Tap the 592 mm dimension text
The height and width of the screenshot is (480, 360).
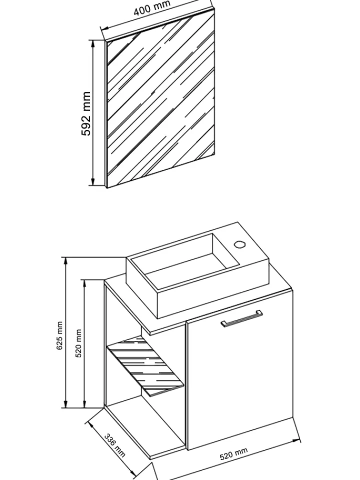coord(86,113)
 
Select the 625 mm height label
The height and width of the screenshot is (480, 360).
coord(59,335)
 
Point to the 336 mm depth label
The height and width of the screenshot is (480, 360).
coord(115,445)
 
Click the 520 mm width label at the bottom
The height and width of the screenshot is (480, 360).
coord(233,454)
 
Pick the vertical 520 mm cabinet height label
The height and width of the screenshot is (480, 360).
coord(78,343)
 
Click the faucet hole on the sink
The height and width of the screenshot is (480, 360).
coord(239,244)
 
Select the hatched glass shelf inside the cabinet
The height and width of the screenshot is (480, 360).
coord(145,366)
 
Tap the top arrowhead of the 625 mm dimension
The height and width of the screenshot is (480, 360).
coord(65,261)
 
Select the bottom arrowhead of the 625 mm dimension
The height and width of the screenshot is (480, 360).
coord(65,403)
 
